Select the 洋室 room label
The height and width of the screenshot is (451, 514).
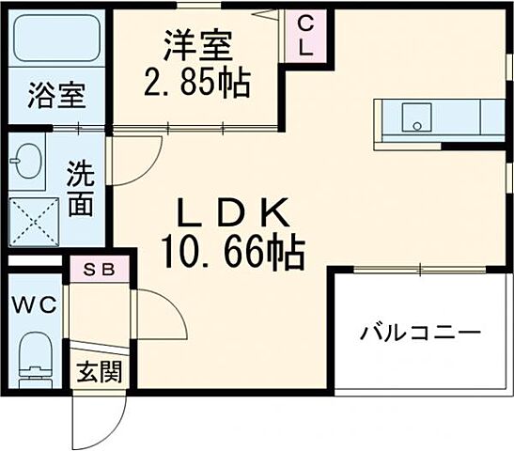click(x=197, y=44)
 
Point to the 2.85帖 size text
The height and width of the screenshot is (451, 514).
click(x=197, y=85)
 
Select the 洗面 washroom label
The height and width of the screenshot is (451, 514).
click(x=81, y=188)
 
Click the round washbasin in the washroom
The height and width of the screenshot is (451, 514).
click(x=27, y=161)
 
